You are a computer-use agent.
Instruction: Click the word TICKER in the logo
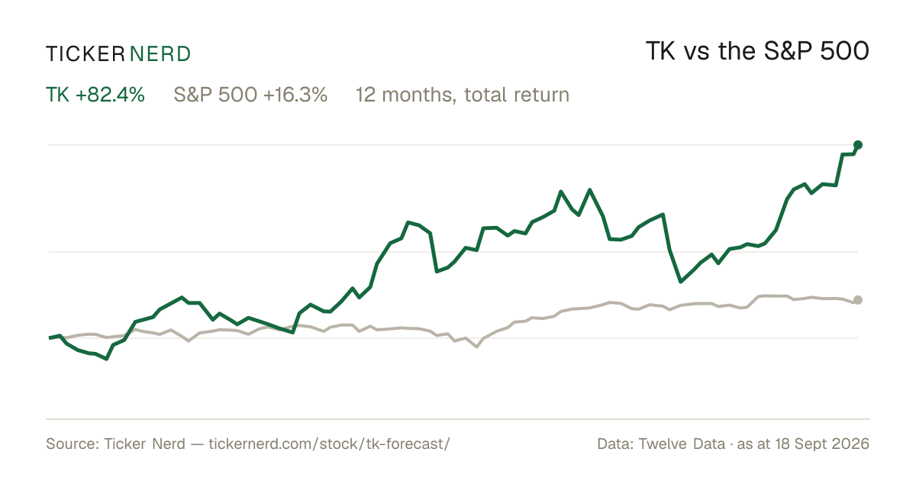[x=85, y=54]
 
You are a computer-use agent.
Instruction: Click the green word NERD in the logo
[x=160, y=54]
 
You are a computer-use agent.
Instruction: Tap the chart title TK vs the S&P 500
[x=757, y=51]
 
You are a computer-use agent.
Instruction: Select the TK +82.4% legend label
[x=95, y=95]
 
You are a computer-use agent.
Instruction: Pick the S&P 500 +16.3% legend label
[x=250, y=95]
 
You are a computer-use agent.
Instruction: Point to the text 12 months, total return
[x=463, y=95]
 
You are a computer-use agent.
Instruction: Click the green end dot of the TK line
[x=858, y=145]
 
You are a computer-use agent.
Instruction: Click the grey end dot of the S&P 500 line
[x=858, y=300]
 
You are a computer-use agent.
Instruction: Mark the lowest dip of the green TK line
[x=107, y=359]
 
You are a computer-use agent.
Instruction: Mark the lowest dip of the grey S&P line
[x=476, y=347]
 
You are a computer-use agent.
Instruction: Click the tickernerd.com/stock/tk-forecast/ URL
[x=329, y=444]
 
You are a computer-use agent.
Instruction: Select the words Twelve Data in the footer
[x=682, y=444]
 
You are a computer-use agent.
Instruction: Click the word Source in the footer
[x=71, y=444]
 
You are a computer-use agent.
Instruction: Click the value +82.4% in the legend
[x=110, y=95]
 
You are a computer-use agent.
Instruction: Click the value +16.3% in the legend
[x=295, y=95]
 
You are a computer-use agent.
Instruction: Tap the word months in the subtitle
[x=419, y=95]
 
